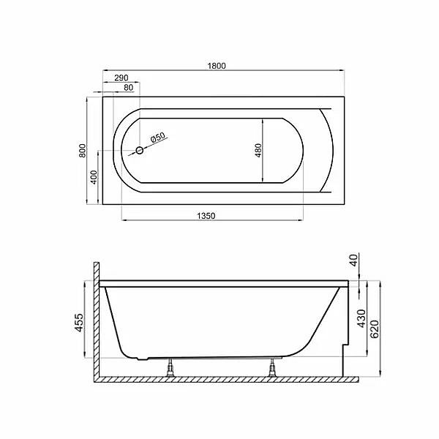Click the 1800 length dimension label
click(217, 66)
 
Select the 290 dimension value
click(121, 78)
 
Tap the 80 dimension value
click(129, 88)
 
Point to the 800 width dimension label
click(82, 150)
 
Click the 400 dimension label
click(94, 177)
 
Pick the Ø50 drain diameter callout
click(158, 138)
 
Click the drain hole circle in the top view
click(140, 151)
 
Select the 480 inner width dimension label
click(258, 150)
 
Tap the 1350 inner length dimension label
click(206, 216)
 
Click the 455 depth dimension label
click(79, 323)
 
